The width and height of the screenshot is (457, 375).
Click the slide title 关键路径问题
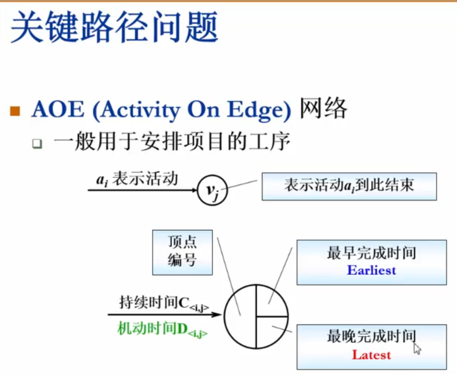114,27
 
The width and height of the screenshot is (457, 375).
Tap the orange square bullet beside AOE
15,111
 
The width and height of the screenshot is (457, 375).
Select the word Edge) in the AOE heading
259,110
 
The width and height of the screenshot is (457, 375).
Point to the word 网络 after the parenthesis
323,108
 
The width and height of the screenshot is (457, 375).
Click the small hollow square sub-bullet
37,144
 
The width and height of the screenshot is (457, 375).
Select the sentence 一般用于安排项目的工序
172,141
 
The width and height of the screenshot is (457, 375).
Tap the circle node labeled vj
212,190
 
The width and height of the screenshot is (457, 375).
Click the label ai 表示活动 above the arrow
137,179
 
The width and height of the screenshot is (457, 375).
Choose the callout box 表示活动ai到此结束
349,187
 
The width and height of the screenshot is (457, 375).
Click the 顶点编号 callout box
183,252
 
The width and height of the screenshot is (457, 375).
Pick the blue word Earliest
371,270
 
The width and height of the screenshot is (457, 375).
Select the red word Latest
371,355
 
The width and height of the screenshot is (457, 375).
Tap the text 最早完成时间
371,253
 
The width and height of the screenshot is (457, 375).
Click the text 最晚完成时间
371,336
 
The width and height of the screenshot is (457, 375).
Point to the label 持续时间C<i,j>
164,303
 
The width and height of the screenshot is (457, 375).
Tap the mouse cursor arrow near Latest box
417,349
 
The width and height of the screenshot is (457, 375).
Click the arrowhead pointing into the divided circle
217,315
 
